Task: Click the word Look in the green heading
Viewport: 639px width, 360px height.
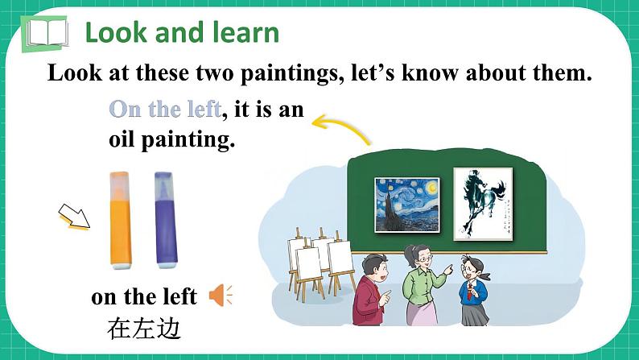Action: [x=113, y=33]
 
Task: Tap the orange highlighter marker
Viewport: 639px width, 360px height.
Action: [x=120, y=218]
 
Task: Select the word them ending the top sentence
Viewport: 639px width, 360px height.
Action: [x=560, y=73]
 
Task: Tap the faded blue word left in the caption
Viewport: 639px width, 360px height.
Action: [x=201, y=109]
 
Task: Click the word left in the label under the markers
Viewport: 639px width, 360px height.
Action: [x=179, y=296]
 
